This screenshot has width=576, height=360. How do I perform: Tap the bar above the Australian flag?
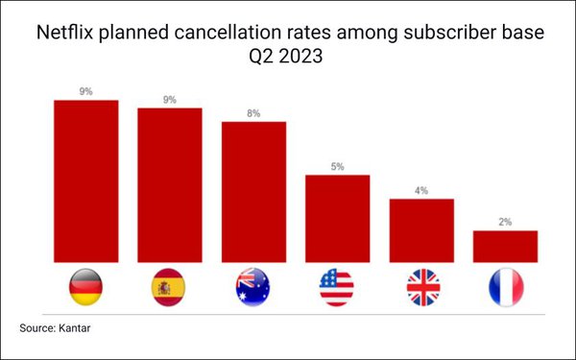[253, 192]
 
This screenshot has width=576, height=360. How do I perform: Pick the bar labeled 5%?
[337, 218]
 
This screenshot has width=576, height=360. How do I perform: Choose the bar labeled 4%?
[421, 230]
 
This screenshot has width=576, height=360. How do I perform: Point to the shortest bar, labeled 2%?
[505, 246]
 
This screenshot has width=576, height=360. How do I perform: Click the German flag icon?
[85, 287]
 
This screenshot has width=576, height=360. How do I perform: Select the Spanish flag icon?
[169, 287]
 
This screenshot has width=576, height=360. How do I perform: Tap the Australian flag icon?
[253, 287]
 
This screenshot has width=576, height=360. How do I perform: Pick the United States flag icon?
[337, 287]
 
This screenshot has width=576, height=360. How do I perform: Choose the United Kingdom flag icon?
[421, 287]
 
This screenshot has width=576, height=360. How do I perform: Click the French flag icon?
[505, 287]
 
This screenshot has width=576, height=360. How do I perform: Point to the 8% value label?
[253, 113]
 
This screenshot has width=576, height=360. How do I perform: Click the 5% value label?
[337, 166]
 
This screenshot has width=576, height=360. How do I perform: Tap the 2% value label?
[505, 222]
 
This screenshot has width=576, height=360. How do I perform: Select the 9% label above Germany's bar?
[85, 91]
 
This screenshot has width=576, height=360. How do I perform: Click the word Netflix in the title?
[64, 35]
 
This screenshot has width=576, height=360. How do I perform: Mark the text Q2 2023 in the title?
[288, 58]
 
